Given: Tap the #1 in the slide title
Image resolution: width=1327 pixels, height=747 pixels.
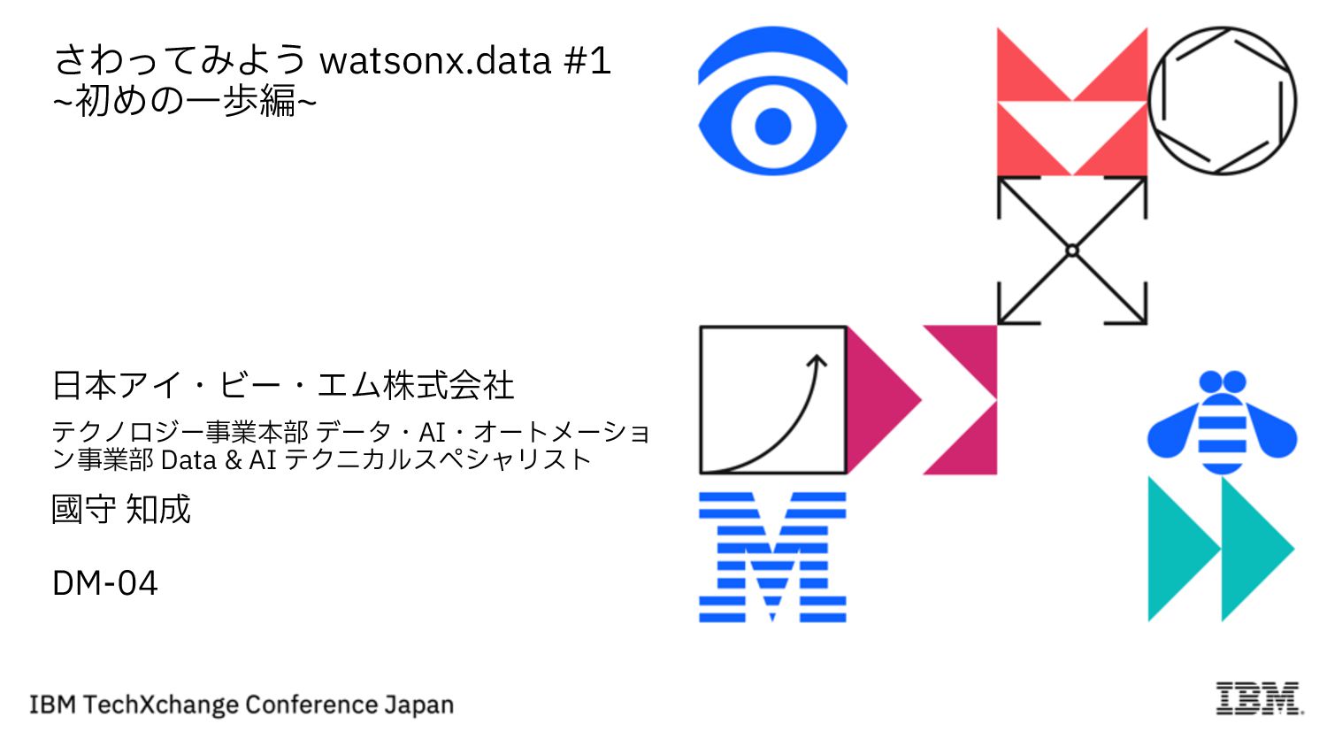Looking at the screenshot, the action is coord(587,61).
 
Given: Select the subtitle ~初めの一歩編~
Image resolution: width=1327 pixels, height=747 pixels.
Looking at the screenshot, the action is coord(184,101).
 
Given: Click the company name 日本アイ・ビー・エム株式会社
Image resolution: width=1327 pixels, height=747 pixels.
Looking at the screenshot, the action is coord(283,385).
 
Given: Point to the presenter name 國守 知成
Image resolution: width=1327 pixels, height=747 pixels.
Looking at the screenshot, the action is coord(121,510).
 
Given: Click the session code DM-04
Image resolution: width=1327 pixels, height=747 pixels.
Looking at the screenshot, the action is coord(105,583).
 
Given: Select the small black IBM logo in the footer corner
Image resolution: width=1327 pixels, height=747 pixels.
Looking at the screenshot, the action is coord(1259,698).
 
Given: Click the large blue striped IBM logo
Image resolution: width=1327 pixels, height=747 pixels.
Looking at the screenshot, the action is coord(772,557).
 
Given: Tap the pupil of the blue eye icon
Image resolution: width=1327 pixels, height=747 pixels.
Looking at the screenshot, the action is coord(772,127).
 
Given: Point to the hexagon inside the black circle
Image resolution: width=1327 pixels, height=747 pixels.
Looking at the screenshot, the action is coord(1222,100).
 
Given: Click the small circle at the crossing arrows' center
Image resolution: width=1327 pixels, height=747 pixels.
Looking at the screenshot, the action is coord(1072,250).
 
